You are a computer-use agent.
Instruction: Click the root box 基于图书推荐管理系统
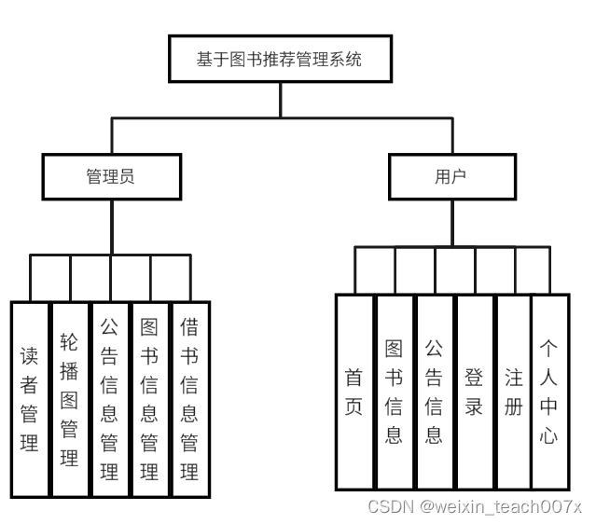pyautogui.click(x=279, y=60)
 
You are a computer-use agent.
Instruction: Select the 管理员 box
pyautogui.click(x=111, y=176)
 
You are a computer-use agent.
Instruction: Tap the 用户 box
pyautogui.click(x=451, y=176)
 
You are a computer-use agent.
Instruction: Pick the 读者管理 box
pyautogui.click(x=30, y=399)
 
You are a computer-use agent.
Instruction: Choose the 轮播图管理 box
pyautogui.click(x=70, y=399)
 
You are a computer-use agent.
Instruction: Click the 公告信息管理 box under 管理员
pyautogui.click(x=110, y=399)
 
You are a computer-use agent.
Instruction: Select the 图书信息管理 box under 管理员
pyautogui.click(x=150, y=399)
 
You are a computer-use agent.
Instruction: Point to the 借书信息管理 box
pyautogui.click(x=190, y=399)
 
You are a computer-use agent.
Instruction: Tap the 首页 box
pyautogui.click(x=354, y=392)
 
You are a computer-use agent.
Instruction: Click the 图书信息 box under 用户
pyautogui.click(x=395, y=392)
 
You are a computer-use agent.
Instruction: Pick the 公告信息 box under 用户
pyautogui.click(x=435, y=392)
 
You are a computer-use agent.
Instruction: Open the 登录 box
pyautogui.click(x=475, y=392)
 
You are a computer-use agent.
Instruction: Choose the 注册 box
pyautogui.click(x=514, y=392)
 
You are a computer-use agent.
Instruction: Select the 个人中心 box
pyautogui.click(x=549, y=392)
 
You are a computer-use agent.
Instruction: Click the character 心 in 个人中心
pyautogui.click(x=549, y=434)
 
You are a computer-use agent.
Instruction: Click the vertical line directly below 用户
pyautogui.click(x=451, y=224)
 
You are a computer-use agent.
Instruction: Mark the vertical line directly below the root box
pyautogui.click(x=279, y=100)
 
